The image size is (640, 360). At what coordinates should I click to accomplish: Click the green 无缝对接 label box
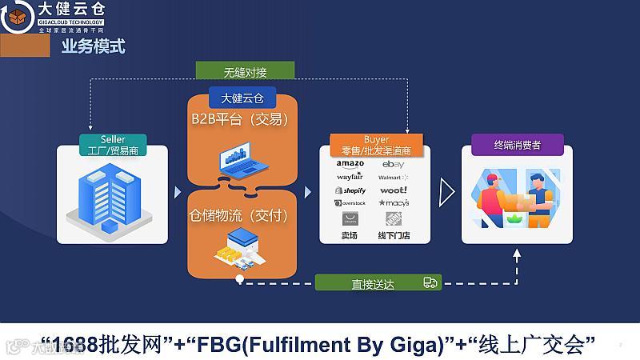pos(246,72)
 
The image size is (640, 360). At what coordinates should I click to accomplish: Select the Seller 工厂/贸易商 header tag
pos(113,145)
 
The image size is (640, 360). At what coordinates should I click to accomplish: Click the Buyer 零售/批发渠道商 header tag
pos(376,145)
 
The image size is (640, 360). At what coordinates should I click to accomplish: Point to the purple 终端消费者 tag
pos(517,146)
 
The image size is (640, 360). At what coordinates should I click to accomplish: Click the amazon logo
pos(350,164)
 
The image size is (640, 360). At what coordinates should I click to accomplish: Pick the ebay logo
pos(393,164)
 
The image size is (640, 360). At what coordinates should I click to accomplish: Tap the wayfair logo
pos(350,177)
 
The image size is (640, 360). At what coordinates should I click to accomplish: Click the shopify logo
pos(350,190)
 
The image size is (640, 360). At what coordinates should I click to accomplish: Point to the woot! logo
pos(393,190)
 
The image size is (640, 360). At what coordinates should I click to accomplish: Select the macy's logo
pos(394,203)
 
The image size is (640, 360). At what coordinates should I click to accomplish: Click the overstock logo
pos(350,203)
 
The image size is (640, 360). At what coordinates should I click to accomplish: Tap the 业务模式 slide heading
pos(94,46)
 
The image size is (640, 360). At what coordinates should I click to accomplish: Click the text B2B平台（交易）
pos(239,120)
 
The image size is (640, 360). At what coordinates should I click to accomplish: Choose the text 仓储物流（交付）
pos(238,216)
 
